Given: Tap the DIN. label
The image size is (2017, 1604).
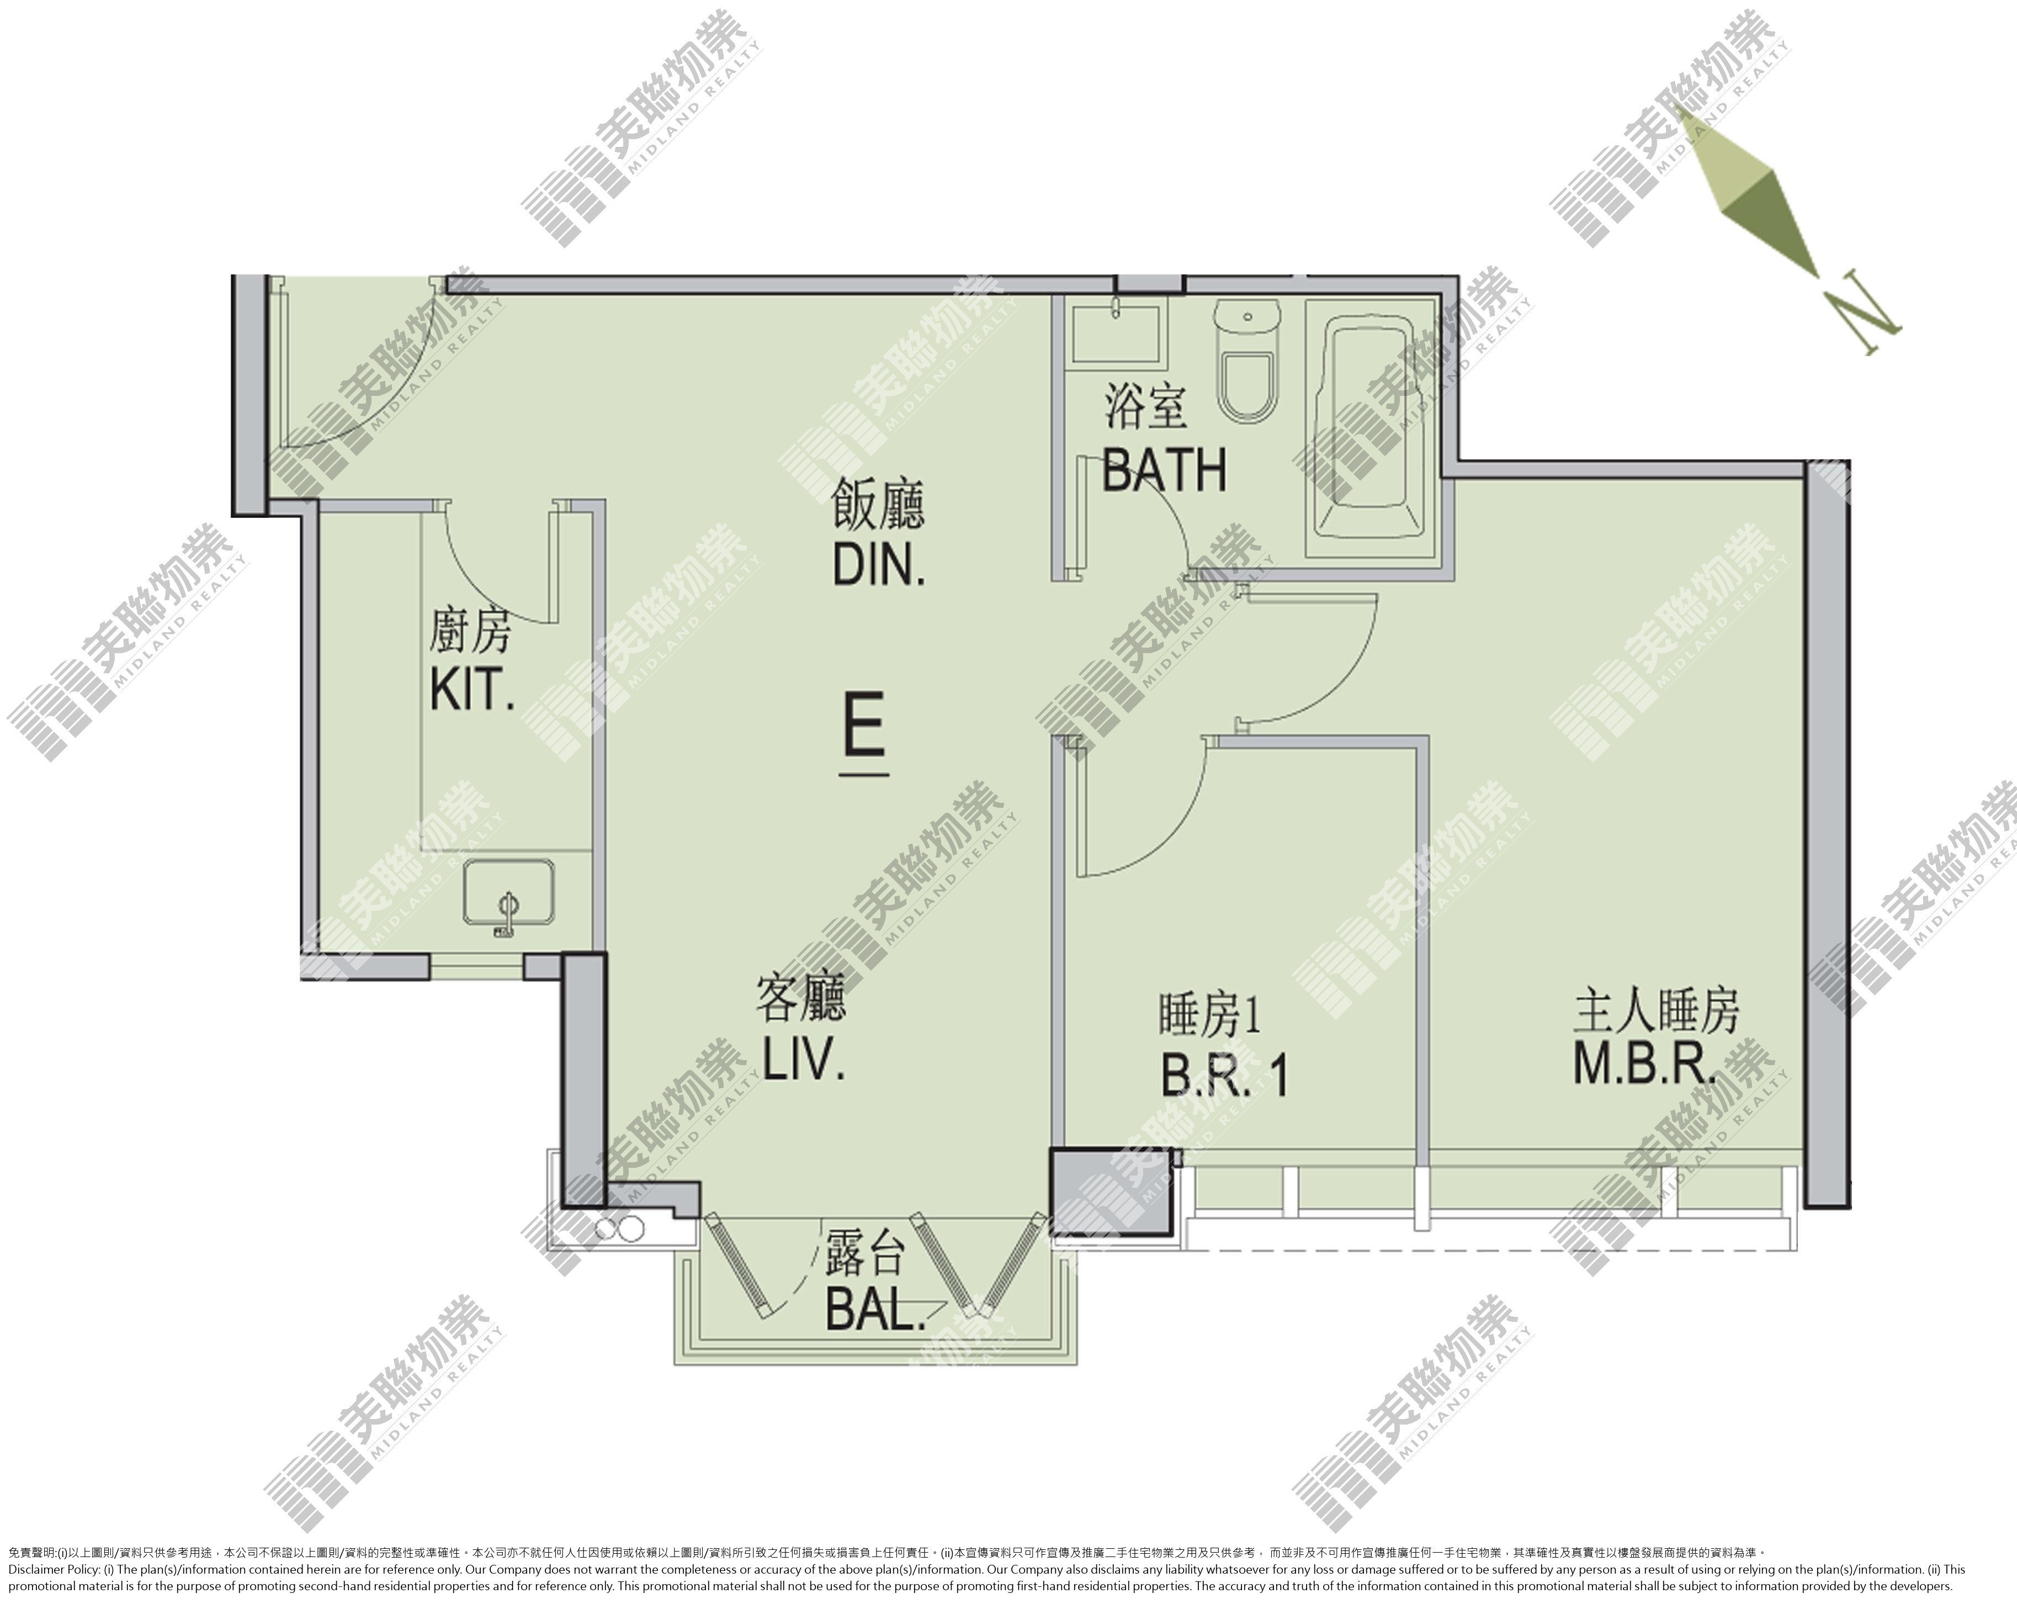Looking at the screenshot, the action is (x=878, y=564).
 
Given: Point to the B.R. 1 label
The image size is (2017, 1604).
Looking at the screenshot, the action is (x=1224, y=1075).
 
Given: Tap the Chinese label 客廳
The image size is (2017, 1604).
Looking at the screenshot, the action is (x=802, y=998).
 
